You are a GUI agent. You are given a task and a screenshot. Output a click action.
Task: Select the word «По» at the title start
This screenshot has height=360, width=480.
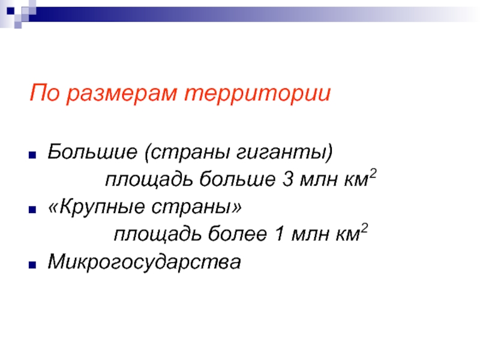tap(44, 92)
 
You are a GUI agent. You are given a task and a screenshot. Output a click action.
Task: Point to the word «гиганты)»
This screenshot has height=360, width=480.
tap(284, 153)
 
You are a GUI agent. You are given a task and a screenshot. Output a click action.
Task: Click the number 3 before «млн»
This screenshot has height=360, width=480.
tap(287, 179)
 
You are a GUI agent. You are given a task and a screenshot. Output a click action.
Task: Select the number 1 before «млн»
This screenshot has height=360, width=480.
tap(280, 234)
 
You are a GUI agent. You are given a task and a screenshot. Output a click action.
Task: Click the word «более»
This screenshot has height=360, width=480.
tap(237, 234)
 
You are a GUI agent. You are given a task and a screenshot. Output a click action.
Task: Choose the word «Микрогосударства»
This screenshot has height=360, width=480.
tap(144, 263)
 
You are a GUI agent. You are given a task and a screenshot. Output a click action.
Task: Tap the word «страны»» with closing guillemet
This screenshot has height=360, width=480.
tap(196, 207)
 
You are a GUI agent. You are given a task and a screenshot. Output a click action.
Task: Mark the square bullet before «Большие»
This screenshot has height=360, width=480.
tap(32, 155)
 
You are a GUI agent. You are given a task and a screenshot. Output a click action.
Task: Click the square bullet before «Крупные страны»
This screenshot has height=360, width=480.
tap(32, 209)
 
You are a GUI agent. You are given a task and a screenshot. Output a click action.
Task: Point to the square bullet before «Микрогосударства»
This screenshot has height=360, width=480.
tap(32, 265)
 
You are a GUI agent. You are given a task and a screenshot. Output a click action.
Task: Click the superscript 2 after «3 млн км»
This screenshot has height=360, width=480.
tap(373, 173)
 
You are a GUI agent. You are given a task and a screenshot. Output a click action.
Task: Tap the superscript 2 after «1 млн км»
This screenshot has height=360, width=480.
tap(364, 229)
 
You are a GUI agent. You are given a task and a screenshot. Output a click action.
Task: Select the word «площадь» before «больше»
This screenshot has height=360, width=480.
tap(149, 179)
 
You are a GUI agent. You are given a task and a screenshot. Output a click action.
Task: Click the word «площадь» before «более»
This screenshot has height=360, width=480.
tap(158, 235)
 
